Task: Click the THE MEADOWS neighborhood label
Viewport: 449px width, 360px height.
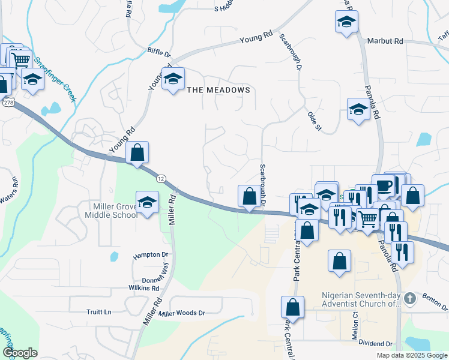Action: [218, 90]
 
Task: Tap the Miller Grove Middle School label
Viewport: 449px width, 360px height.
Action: [112, 211]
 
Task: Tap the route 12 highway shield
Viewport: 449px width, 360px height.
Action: [160, 179]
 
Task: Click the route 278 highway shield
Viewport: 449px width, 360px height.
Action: [8, 103]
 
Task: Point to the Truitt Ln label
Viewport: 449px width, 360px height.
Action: [99, 312]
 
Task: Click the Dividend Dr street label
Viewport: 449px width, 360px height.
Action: [375, 344]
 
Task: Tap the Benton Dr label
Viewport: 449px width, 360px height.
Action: [433, 298]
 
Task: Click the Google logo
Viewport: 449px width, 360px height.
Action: [20, 353]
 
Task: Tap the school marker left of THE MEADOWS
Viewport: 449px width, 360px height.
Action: [173, 79]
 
